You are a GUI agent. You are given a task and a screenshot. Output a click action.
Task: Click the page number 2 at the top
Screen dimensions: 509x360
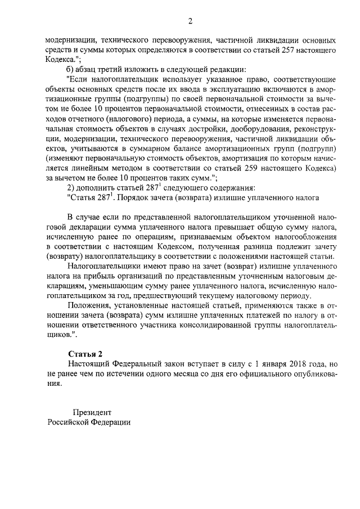point(190,21)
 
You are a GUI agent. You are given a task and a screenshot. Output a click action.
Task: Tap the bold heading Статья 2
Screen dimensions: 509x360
point(85,354)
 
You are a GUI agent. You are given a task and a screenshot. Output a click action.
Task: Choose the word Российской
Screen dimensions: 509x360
point(68,422)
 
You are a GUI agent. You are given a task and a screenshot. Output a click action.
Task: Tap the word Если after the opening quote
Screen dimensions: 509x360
point(79,80)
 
